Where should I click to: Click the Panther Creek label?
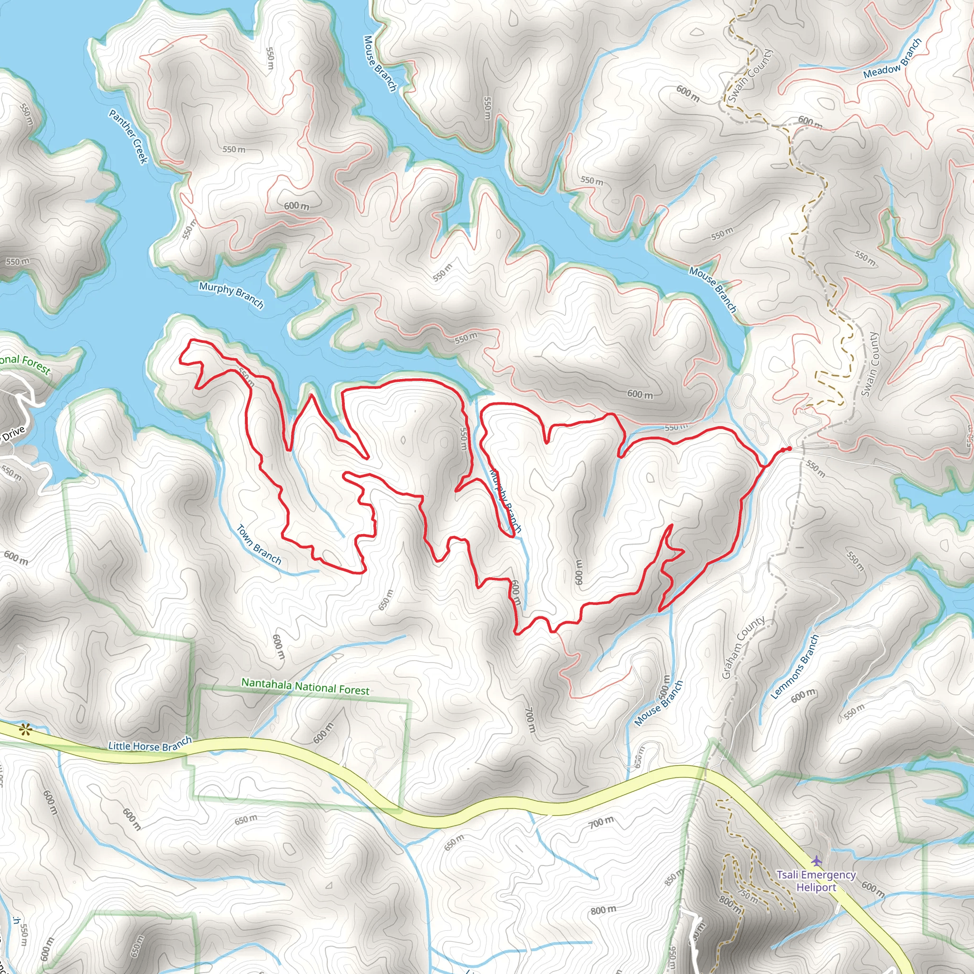coord(128,136)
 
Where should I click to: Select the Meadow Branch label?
coord(892,59)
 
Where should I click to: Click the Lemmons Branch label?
coord(795,666)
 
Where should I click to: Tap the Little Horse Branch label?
coord(150,744)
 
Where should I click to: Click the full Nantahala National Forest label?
coord(305,687)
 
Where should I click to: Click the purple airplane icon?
coord(817,860)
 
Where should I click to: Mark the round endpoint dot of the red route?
coord(789,448)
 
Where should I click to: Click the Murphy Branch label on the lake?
coord(231,295)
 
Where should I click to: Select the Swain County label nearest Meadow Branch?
coord(750,76)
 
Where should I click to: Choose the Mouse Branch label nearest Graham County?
coord(658,703)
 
